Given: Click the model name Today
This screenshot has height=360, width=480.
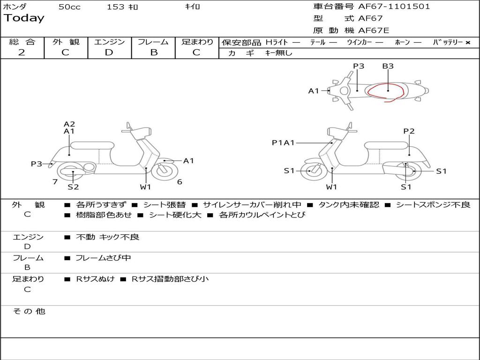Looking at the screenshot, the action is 24,18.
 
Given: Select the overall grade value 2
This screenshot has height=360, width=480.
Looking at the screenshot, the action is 22,52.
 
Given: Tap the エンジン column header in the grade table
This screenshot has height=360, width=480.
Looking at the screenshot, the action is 109,42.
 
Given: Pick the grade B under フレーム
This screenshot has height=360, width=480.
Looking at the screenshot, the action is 154,52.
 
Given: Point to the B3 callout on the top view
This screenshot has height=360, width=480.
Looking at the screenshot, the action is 388,66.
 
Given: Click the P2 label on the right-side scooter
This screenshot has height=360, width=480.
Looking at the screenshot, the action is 409,131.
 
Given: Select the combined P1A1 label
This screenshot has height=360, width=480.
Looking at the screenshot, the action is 283,142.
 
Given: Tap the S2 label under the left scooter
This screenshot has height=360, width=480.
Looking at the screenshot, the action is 73,187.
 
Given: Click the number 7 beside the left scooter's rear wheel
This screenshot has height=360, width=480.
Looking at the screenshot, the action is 55,181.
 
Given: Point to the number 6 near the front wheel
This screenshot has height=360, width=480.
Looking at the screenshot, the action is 180,182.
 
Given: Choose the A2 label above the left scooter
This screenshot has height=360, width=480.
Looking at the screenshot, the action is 69,124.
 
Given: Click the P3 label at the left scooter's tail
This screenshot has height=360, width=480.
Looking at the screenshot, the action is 37,164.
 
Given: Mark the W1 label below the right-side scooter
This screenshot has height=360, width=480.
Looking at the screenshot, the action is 331,187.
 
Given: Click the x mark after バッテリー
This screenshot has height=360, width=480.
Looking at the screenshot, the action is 467,42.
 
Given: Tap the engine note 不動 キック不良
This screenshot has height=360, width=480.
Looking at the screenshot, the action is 107,237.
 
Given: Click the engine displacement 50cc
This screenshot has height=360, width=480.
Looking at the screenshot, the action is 69,7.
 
